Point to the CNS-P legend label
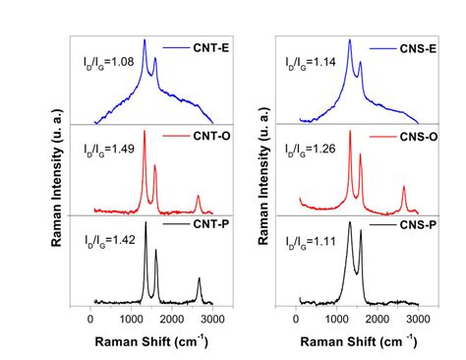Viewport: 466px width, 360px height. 417,227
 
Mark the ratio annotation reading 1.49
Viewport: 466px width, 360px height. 107,150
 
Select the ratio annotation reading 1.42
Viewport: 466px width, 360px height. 107,239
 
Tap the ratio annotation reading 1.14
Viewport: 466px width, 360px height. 312,62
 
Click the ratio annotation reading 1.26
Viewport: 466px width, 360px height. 312,150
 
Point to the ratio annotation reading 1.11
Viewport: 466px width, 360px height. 312,240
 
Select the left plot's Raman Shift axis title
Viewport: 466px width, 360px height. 157,340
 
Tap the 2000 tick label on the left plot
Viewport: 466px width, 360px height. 172,319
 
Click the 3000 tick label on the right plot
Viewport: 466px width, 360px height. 418,319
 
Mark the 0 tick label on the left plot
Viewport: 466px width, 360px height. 91,319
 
